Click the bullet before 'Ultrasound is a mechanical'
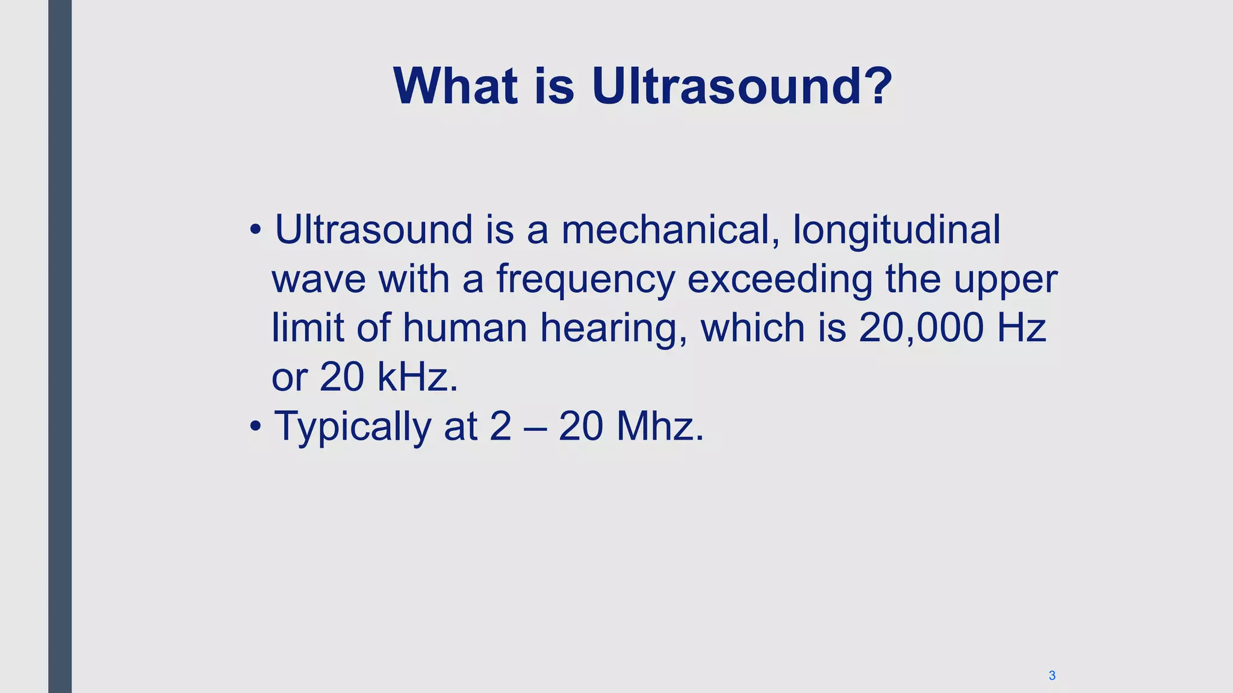256,230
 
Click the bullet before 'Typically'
256,426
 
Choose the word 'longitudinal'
896,231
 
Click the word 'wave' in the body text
318,280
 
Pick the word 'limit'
308,328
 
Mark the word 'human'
465,328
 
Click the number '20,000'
921,328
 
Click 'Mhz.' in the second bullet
660,426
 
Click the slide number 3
1052,676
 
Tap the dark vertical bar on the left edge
60,346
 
